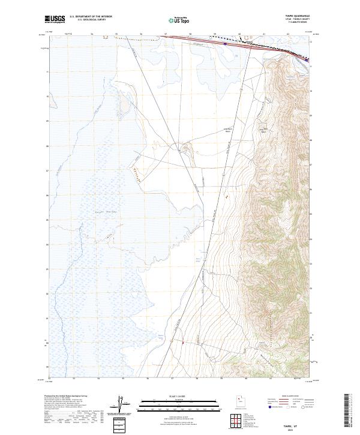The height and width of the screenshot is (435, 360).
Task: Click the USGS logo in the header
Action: point(55,19)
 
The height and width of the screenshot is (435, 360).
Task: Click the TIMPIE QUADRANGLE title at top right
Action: point(301,16)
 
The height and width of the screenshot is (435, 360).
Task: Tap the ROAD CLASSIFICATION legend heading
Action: point(289,397)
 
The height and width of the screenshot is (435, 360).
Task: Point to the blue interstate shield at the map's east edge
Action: point(307,60)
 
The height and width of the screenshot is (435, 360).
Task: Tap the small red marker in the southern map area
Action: point(182,342)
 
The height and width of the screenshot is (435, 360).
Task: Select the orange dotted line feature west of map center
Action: point(137,175)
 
